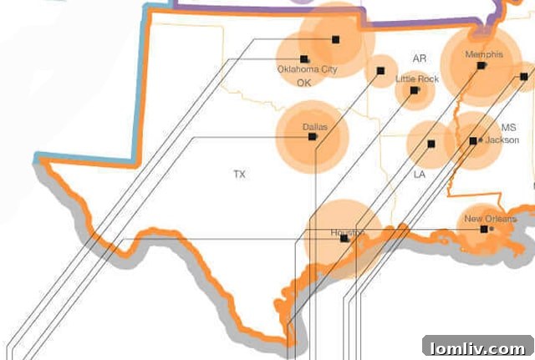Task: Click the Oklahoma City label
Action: (307, 70)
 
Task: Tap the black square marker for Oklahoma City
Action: (304, 59)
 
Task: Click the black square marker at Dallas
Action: (313, 136)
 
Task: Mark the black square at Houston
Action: (345, 239)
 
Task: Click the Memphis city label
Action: (484, 55)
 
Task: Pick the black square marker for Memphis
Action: (481, 65)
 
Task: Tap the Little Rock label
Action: (417, 79)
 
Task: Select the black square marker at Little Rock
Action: (414, 89)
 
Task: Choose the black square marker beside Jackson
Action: (473, 141)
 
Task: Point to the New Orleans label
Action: (488, 219)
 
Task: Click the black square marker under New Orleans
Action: (484, 228)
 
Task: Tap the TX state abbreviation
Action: (240, 175)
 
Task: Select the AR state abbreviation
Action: (420, 58)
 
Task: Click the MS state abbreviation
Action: (509, 128)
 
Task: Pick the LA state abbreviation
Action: (420, 175)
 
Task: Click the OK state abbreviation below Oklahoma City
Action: (303, 84)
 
